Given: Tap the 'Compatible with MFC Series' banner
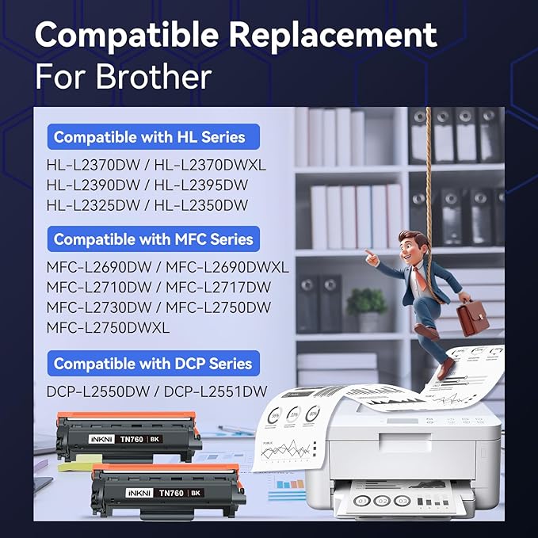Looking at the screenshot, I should tap(153, 239).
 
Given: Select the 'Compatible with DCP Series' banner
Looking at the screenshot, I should tap(153, 364).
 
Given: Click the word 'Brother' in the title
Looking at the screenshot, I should tap(154, 77).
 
